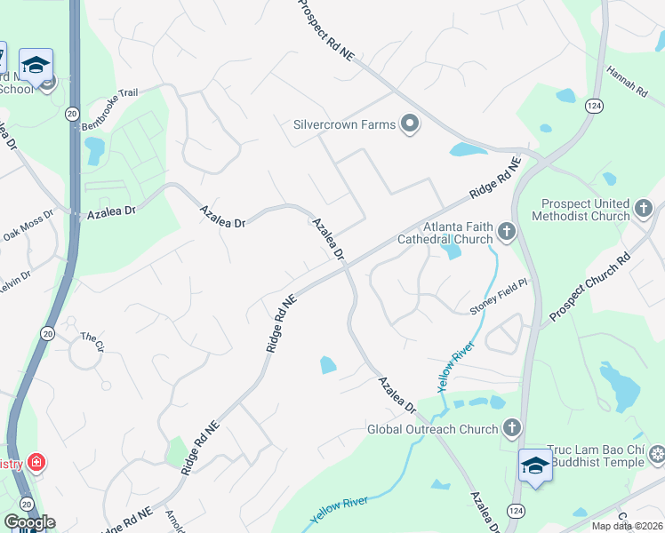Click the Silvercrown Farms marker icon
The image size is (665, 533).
(x=410, y=124)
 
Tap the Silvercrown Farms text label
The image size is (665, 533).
(x=344, y=124)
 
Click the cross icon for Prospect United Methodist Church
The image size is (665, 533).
(x=644, y=210)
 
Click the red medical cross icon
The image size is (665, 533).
(x=36, y=463)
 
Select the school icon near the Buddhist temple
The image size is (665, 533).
(x=535, y=466)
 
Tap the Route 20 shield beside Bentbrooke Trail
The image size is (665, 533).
(x=71, y=113)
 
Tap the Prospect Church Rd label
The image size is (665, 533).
(x=589, y=288)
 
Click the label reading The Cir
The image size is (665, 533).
(x=92, y=338)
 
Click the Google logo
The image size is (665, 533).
(x=29, y=522)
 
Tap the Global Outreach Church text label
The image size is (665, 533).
(x=433, y=430)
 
